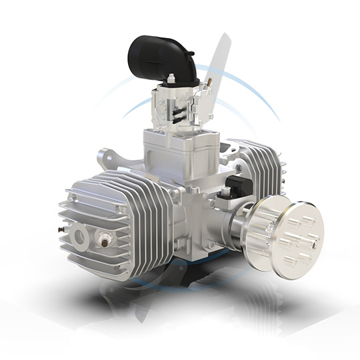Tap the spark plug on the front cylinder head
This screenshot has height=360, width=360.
pos(105,237)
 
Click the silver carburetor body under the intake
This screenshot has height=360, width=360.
pos(177,107)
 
